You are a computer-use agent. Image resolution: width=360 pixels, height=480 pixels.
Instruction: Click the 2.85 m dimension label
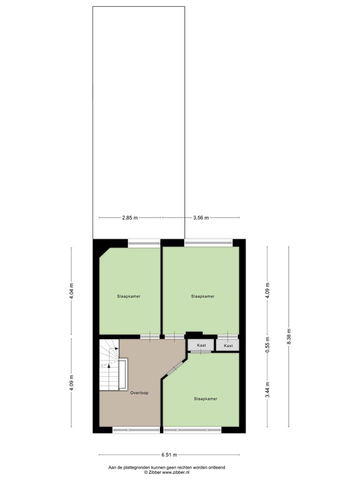point(130,217)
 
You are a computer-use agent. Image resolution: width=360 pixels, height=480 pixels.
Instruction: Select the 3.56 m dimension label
point(201,217)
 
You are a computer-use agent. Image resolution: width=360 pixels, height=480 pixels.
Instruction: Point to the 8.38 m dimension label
point(288,336)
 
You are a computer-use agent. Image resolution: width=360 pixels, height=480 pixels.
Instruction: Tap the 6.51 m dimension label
point(169,455)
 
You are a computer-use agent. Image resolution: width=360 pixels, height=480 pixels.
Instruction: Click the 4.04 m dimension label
point(71,291)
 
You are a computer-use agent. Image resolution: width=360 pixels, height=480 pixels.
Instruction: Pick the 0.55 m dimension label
point(267,344)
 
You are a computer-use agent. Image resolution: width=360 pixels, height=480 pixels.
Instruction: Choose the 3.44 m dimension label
point(267,390)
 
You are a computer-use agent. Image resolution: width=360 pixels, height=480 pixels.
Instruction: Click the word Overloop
point(139,392)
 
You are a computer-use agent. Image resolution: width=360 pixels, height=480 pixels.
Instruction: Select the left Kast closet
point(201,345)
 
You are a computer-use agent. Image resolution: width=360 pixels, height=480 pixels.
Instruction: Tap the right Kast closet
point(228,345)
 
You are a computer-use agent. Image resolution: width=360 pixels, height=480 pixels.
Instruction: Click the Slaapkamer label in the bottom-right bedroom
point(206,399)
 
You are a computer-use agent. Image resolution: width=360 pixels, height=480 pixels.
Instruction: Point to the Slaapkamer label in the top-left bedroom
point(129,296)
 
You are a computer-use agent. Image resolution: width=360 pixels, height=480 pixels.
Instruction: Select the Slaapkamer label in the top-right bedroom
point(202,296)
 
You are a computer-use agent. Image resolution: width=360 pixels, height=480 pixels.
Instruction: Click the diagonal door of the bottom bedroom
point(174,369)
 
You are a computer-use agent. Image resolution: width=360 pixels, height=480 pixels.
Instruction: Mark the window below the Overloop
point(136,430)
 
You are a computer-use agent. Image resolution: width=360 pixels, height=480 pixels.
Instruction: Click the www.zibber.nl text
point(176,472)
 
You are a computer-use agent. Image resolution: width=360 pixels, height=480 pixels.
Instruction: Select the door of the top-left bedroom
point(150,337)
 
